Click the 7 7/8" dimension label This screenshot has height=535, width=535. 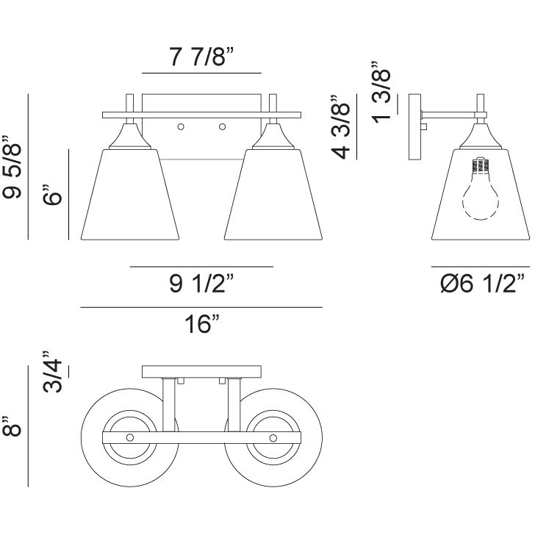point(201,57)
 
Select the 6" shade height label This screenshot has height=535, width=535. point(52,195)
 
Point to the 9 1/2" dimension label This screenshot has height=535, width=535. point(201,283)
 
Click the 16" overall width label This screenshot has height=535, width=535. point(202,323)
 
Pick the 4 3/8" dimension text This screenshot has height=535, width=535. point(340,127)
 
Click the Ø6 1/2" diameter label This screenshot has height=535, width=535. point(482,283)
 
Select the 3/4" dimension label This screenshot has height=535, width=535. point(52,372)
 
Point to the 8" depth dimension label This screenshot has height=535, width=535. point(12,426)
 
